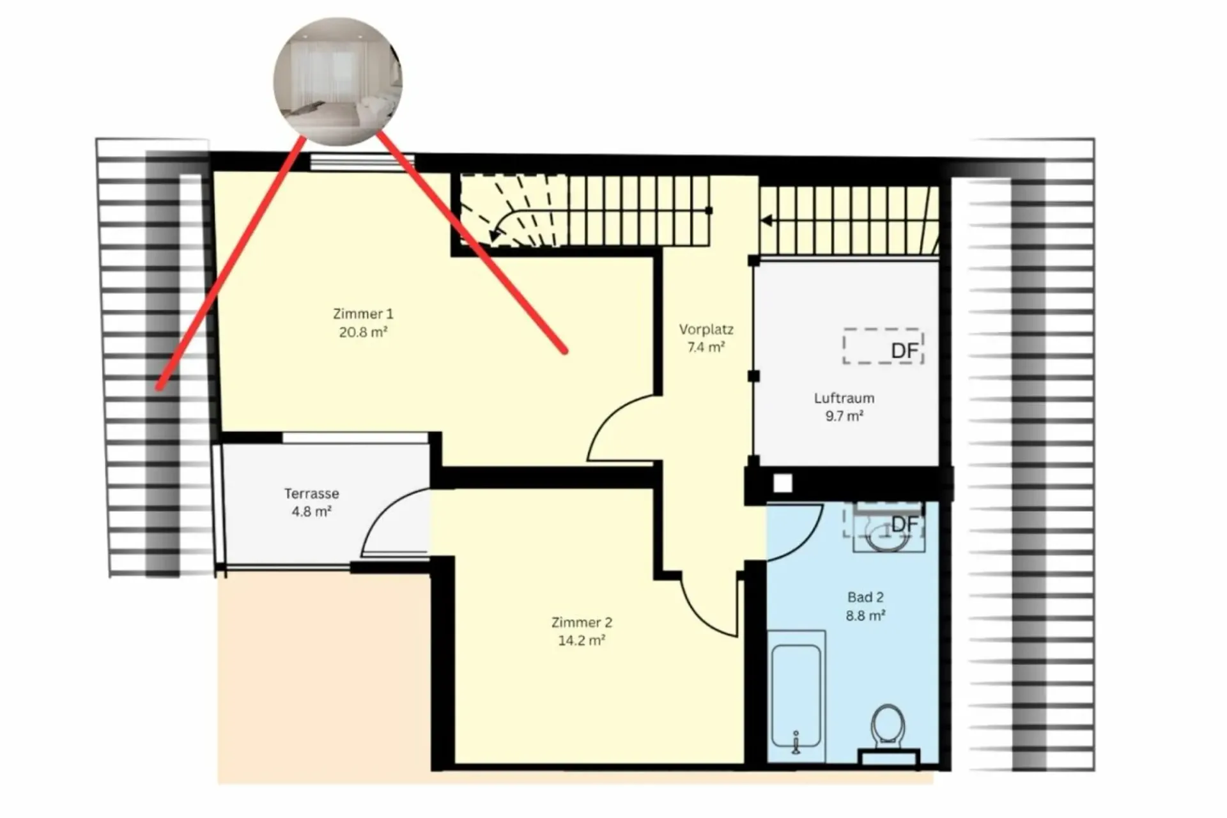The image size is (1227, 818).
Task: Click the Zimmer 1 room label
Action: (x=363, y=314)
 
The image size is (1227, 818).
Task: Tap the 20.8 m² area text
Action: (x=363, y=332)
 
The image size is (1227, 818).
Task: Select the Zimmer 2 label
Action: (x=582, y=622)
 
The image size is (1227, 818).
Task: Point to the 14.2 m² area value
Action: (x=582, y=640)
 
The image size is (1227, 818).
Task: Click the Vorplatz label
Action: (x=706, y=330)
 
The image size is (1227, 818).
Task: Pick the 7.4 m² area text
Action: (x=706, y=347)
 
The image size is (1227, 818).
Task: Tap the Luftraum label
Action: (x=844, y=398)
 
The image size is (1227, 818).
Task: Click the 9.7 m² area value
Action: (x=844, y=416)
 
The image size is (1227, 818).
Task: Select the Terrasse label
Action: (x=312, y=493)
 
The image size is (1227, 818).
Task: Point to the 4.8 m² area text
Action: (x=312, y=511)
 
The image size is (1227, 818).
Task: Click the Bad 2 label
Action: (x=865, y=598)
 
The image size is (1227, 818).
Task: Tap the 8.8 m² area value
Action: (x=865, y=615)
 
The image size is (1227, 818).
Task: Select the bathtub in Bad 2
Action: (x=796, y=695)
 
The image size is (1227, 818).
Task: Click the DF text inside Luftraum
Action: (x=904, y=351)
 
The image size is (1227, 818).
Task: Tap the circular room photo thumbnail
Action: (x=338, y=81)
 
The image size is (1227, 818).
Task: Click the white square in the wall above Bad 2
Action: (x=783, y=483)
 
